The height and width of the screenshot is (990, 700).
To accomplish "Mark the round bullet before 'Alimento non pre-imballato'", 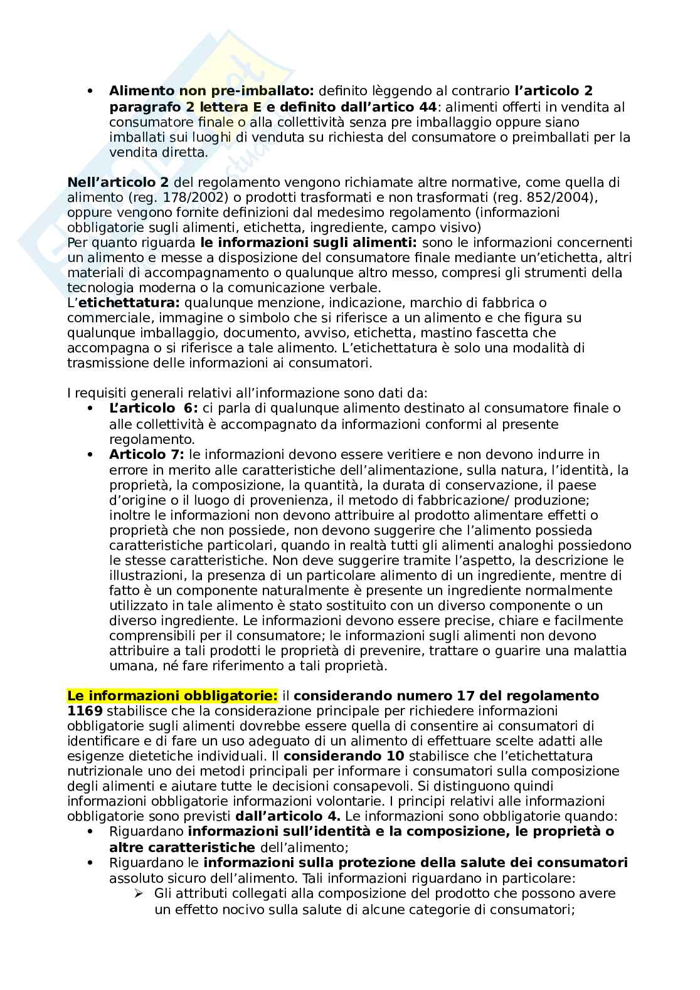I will [x=92, y=92].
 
